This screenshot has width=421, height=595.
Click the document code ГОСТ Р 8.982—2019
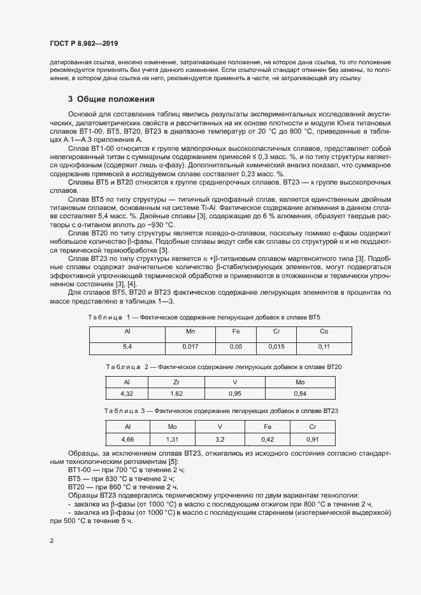click(83, 43)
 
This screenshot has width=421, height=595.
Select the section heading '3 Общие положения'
click(111, 99)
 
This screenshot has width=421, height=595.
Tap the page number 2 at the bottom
click(52, 541)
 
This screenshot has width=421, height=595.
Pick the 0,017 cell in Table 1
click(190, 347)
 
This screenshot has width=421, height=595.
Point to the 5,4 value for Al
click(127, 347)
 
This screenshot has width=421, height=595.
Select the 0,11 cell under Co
click(324, 347)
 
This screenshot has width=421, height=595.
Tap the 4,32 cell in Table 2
click(127, 393)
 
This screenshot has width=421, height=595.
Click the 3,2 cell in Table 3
click(220, 439)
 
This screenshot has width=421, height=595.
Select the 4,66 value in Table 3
click(127, 439)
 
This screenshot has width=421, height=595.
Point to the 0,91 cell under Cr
click(312, 439)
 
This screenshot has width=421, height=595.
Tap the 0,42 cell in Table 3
click(268, 439)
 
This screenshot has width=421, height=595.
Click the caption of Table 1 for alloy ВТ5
click(204, 316)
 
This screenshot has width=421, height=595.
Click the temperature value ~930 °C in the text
click(155, 242)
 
